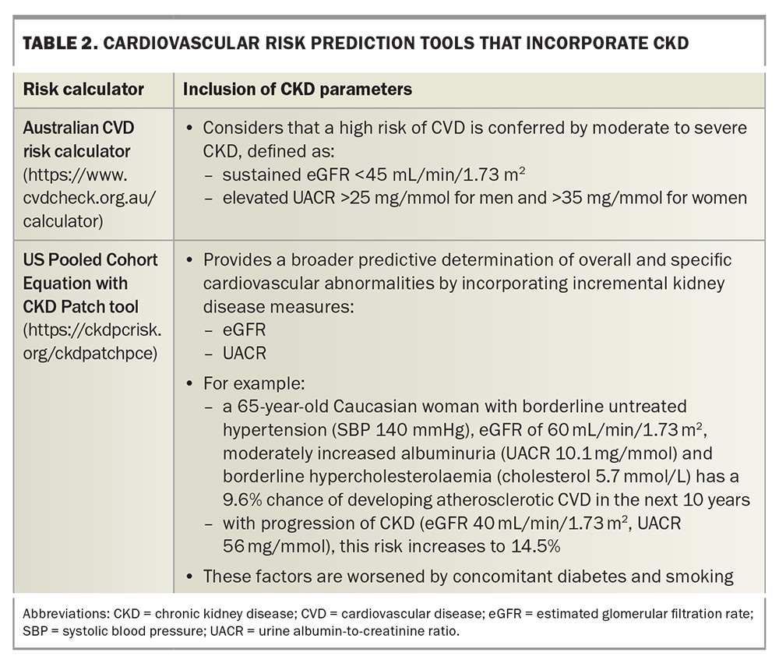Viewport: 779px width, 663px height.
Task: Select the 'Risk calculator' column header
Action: pyautogui.click(x=83, y=90)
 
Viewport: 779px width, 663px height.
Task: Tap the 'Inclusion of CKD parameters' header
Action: pyautogui.click(x=298, y=90)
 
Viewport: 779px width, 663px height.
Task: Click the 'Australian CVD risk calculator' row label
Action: pyautogui.click(x=79, y=139)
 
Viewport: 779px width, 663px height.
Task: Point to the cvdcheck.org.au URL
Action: pyautogui.click(x=89, y=198)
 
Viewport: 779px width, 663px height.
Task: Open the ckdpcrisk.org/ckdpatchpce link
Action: pyautogui.click(x=92, y=341)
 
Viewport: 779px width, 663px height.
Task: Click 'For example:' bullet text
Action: pyautogui.click(x=254, y=383)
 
